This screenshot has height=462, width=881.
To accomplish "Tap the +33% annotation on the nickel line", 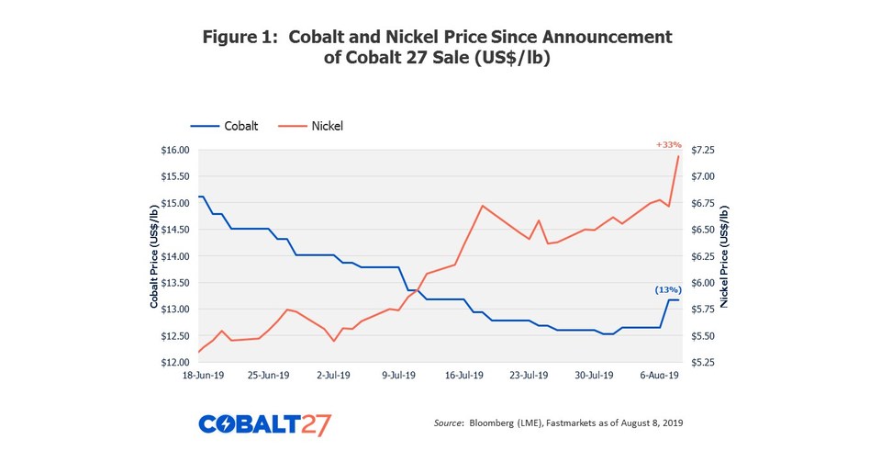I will (668, 144).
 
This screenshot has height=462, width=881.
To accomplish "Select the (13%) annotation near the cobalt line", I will (667, 289).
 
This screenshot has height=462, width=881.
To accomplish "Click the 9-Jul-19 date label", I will (397, 376).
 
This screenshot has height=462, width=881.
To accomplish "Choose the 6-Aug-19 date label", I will (658, 376).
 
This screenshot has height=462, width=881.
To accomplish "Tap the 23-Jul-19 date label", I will (528, 376).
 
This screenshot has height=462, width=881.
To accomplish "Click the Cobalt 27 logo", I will (264, 424).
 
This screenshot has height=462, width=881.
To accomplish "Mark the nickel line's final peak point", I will (678, 156).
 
